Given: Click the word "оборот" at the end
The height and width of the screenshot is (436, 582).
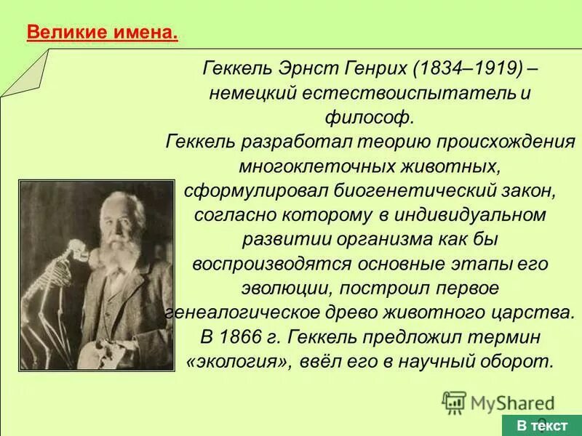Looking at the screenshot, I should point(519,361).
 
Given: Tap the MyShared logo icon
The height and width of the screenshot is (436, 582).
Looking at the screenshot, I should point(454,402).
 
